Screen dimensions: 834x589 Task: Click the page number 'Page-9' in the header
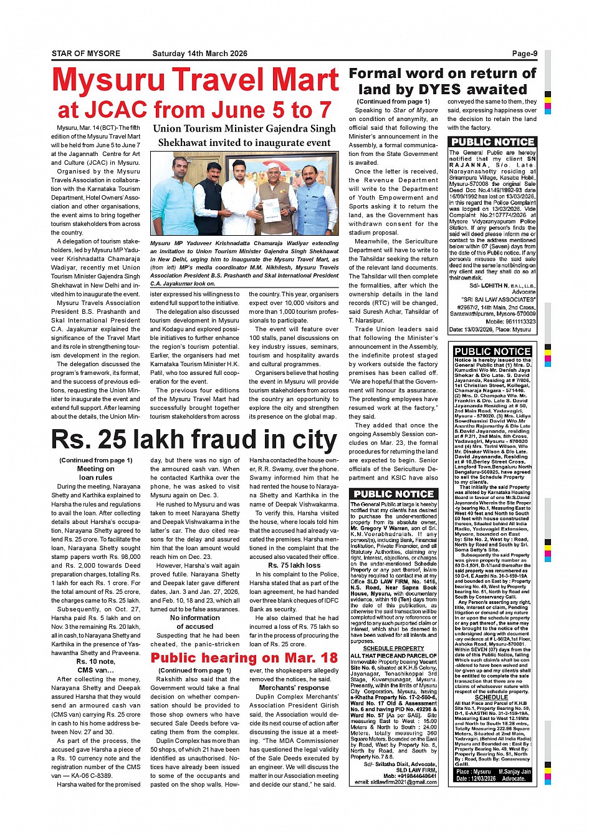tap(524, 54)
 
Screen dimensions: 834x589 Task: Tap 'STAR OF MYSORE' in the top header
tap(86, 54)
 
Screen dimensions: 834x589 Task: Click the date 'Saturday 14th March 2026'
tap(199, 54)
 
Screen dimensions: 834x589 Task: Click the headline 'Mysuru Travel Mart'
tap(195, 80)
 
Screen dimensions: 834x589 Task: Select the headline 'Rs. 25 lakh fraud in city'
tap(194, 440)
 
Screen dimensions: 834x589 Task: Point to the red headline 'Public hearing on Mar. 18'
tap(244, 657)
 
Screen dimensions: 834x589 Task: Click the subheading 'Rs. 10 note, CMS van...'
tap(95, 666)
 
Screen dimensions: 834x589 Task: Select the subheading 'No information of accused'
tap(194, 622)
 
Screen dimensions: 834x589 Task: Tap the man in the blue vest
tap(317, 200)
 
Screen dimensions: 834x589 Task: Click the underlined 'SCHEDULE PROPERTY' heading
tap(393, 648)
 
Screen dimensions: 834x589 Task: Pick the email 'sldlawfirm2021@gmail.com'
tap(395, 782)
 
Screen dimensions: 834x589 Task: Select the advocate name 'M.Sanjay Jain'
tap(514, 771)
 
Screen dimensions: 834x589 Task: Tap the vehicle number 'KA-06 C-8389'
tap(90, 775)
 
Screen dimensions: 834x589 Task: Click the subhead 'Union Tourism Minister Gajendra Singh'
tap(244, 129)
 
